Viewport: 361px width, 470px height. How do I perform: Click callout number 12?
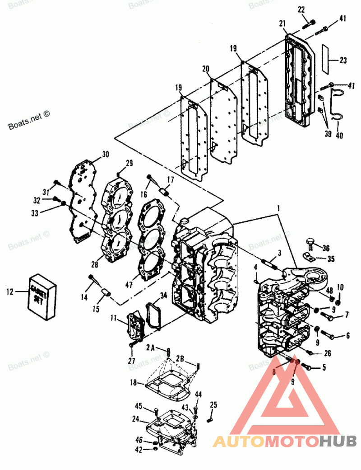10,292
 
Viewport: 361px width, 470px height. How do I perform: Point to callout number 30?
105,155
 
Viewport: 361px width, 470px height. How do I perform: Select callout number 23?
343,60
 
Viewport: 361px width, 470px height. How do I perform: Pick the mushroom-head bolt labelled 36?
310,244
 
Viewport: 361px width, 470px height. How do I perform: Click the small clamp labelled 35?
308,258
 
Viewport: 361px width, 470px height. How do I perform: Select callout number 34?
163,296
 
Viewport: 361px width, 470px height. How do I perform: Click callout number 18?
133,382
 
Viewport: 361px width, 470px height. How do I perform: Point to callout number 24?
135,419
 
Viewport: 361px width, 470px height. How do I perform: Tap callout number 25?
213,404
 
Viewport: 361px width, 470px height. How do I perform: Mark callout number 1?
279,209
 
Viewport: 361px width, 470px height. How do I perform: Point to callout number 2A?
151,348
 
